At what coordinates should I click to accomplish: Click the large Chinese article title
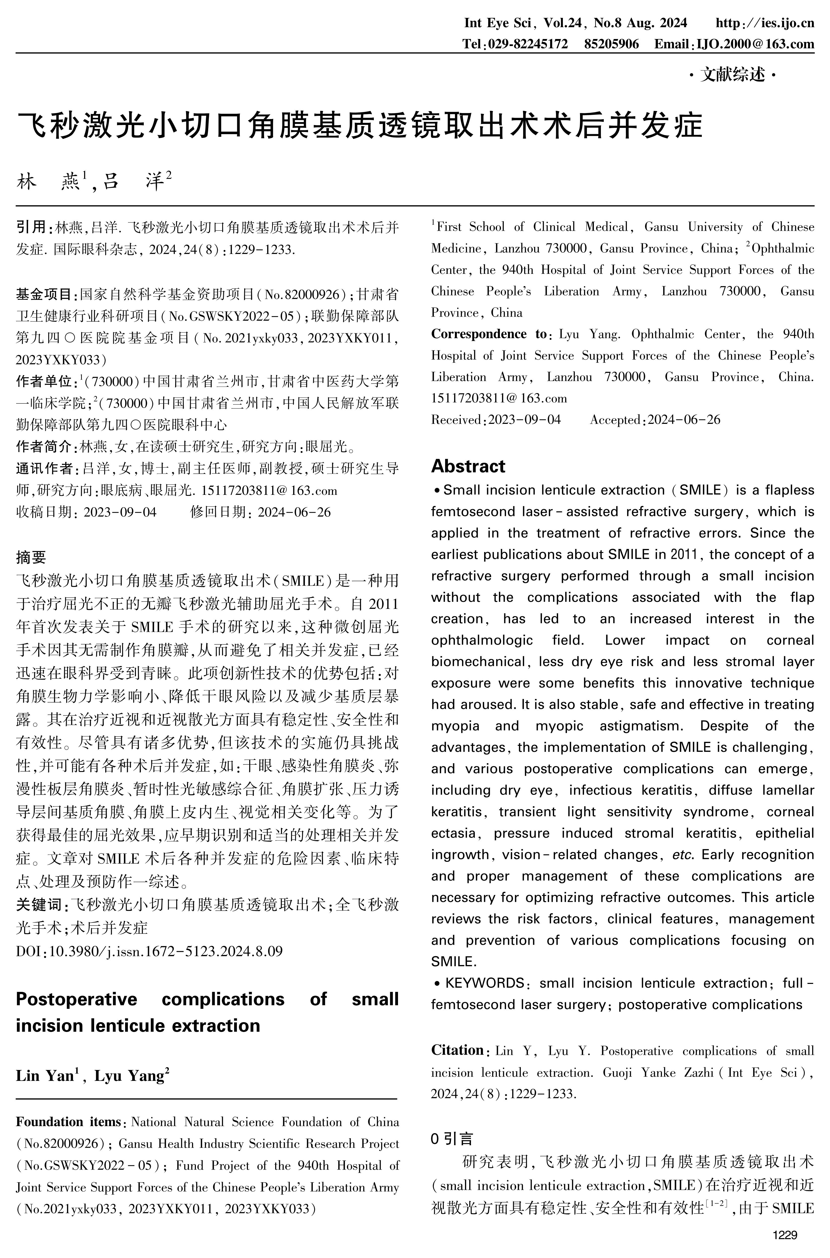[360, 125]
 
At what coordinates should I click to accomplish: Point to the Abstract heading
[468, 466]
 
